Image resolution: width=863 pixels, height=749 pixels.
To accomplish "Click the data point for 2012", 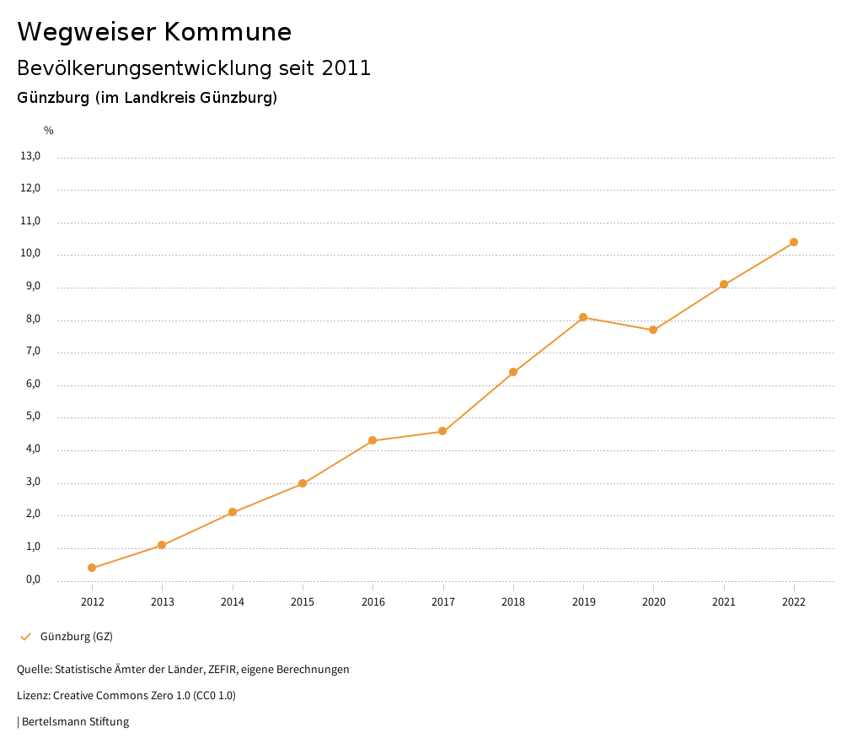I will pos(92,568).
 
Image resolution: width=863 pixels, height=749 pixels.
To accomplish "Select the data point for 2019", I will pos(583,317).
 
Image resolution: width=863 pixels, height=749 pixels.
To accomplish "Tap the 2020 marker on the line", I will pos(653,330).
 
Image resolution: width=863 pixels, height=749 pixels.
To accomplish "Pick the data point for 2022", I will pos(794,242).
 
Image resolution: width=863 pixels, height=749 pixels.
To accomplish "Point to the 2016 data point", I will pos(373,440).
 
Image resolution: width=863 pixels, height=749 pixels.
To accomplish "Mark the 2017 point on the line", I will pos(442,431).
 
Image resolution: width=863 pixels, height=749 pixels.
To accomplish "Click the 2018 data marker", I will pos(513,372).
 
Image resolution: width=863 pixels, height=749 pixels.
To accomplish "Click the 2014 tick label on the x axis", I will pos(233,601).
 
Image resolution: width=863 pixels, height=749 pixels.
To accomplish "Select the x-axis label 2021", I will pos(724,601).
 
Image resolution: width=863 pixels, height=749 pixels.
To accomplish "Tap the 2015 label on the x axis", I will pos(303,601).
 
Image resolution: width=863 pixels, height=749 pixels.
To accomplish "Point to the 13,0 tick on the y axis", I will pos(30,156).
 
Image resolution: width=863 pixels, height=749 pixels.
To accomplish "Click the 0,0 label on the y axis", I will pos(33,580).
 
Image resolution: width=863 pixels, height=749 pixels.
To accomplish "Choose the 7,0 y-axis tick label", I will pos(33,352).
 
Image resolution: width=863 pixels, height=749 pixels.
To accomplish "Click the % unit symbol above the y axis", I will pos(49,131).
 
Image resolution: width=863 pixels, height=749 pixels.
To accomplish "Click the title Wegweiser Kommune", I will pos(154,32).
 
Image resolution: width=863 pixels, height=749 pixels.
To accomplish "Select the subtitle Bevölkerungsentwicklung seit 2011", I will pos(194,68).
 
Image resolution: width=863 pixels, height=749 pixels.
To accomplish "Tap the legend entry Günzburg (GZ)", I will pos(77,636).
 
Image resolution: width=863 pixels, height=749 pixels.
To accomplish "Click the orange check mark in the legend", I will pos(25,636).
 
